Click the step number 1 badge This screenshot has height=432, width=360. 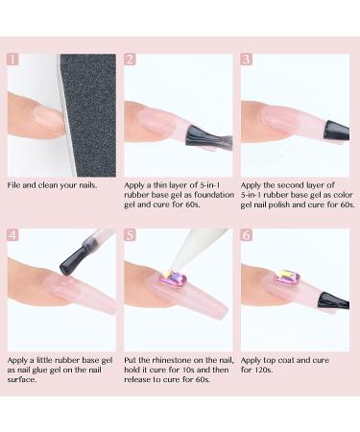[13, 60]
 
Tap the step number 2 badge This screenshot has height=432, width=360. [131, 60]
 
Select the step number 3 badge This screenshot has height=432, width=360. [247, 60]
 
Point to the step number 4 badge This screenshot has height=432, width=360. [13, 235]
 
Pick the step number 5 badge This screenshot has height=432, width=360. [131, 235]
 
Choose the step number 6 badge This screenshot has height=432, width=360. [247, 235]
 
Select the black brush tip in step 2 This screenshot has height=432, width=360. [200, 139]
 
